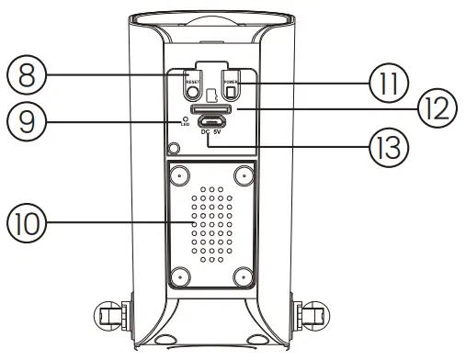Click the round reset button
pyautogui.click(x=193, y=92)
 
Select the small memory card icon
pyautogui.click(x=212, y=94)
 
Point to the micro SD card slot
pyautogui.click(x=213, y=108)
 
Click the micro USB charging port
pyautogui.click(x=213, y=121)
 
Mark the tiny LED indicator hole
pyautogui.click(x=187, y=118)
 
